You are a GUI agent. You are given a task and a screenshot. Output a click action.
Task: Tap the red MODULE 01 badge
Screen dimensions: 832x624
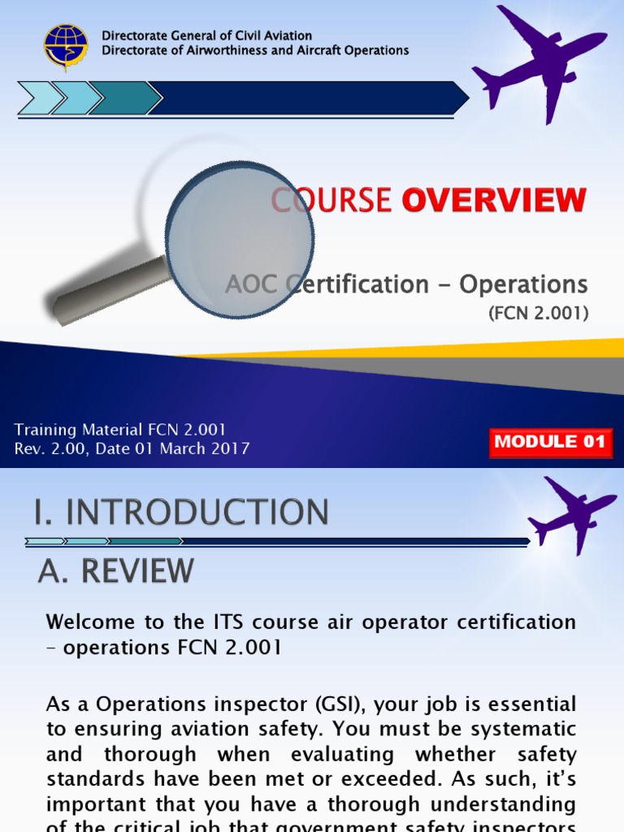(550, 442)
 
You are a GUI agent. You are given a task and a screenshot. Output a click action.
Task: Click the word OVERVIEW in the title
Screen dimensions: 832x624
(494, 200)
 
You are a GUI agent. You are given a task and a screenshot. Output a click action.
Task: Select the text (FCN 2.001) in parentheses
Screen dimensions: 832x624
(538, 313)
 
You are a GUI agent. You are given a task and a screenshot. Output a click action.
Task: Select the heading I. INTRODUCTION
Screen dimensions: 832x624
(181, 513)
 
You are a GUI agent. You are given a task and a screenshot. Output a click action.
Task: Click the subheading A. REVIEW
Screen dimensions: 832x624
(116, 570)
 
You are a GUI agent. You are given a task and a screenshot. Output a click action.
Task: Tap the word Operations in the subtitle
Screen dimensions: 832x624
(523, 284)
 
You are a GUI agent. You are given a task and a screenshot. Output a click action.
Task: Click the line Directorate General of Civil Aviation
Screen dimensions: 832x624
(206, 36)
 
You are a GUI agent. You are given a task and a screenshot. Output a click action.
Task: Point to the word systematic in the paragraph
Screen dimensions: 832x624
(515, 729)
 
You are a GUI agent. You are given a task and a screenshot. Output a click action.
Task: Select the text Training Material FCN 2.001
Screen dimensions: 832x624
(120, 430)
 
